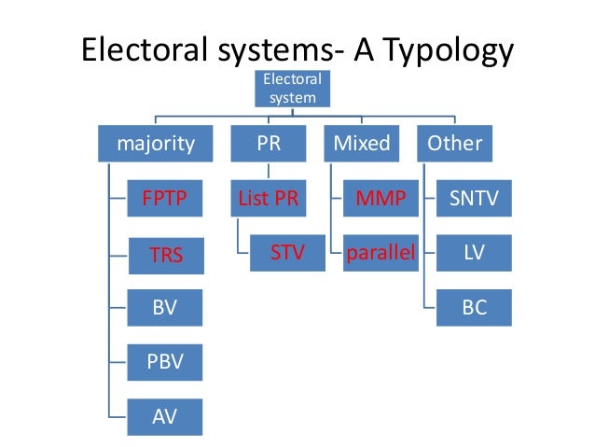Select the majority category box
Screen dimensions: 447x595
click(156, 144)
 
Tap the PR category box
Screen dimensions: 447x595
click(269, 144)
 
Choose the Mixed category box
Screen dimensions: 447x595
click(361, 144)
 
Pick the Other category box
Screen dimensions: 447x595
click(454, 144)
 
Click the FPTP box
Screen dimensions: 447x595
click(164, 199)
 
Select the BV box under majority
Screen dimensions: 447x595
click(164, 306)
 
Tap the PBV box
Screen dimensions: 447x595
click(164, 360)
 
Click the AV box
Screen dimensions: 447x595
click(164, 413)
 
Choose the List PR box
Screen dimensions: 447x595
click(269, 199)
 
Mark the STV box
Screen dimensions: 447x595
click(288, 253)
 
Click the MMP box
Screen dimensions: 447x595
click(381, 199)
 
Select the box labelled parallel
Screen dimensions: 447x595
click(381, 253)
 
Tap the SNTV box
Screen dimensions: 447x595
click(475, 199)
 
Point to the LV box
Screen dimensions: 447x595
click(475, 253)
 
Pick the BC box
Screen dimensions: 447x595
click(475, 306)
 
